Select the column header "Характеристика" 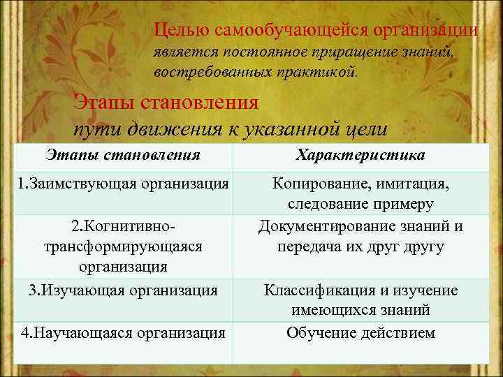coord(360,155)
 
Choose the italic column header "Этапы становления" coord(123,155)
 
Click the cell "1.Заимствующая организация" coord(123,184)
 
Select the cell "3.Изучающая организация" coord(123,290)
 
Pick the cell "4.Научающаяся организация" coord(123,333)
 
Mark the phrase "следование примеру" coord(360,204)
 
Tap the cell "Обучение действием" coord(360,332)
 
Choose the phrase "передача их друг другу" coord(360,246)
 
